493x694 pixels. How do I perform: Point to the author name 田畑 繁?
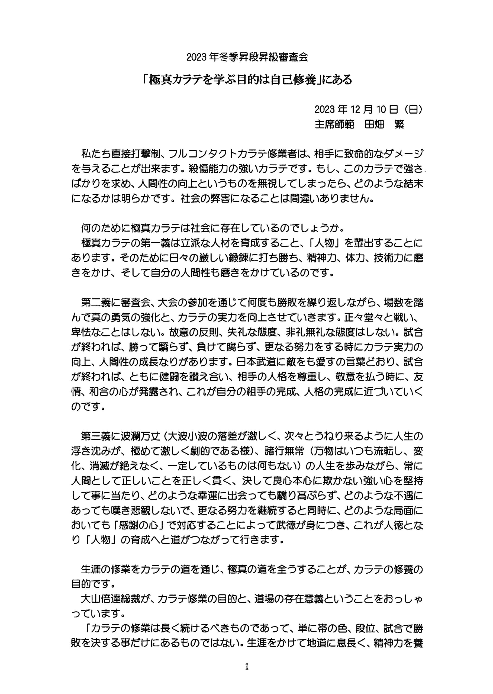384,124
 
